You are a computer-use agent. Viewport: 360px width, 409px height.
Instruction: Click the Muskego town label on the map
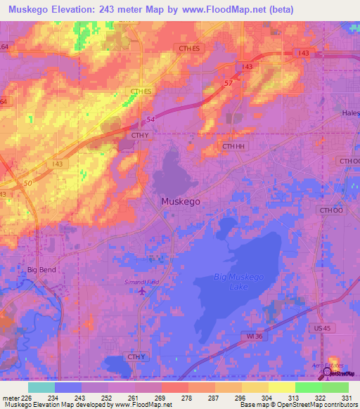pyautogui.click(x=181, y=201)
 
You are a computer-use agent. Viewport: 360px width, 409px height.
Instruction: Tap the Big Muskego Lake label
pyautogui.click(x=238, y=281)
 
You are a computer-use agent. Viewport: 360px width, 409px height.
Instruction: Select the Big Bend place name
pyautogui.click(x=41, y=269)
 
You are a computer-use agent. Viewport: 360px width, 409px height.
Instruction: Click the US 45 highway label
pyautogui.click(x=322, y=327)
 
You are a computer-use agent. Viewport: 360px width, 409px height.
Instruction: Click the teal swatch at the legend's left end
pyautogui.click(x=41, y=387)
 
